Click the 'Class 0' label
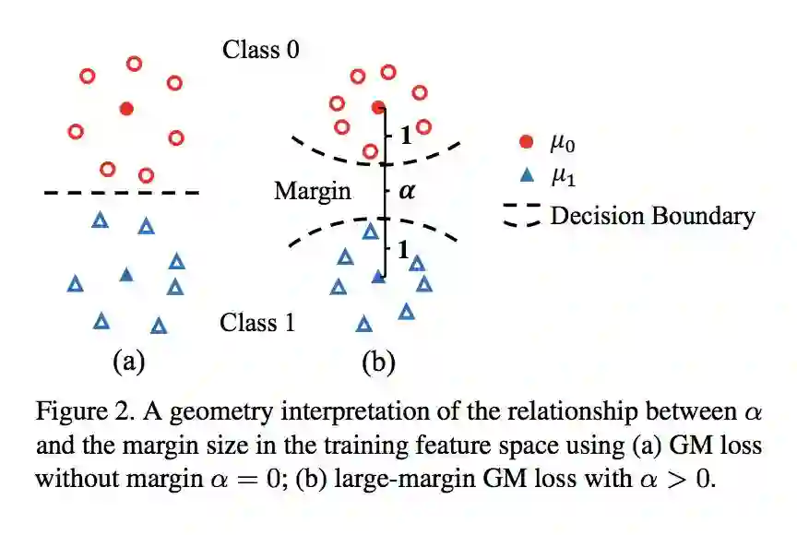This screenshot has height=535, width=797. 261,49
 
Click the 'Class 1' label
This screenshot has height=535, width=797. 258,323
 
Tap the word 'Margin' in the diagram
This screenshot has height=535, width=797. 313,191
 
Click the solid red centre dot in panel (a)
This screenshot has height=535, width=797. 127,109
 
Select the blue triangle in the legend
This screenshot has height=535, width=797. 527,174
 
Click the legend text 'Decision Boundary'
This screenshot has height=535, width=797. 652,216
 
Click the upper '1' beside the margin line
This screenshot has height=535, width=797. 404,135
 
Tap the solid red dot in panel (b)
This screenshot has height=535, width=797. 378,107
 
